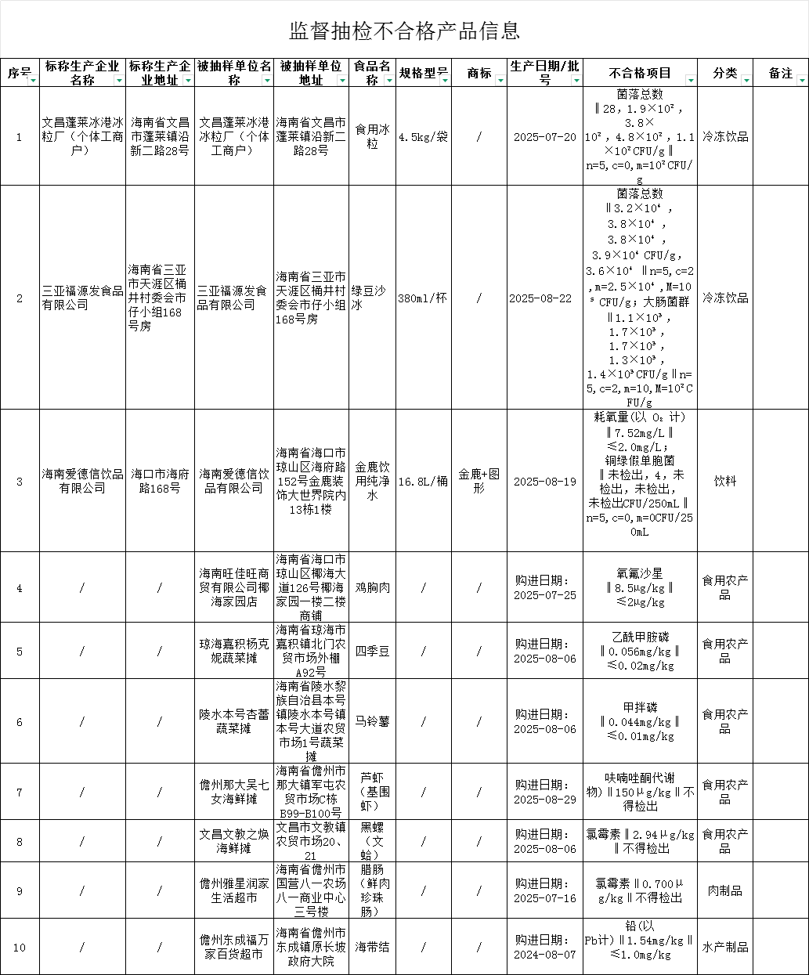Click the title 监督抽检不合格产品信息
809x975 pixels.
click(x=404, y=31)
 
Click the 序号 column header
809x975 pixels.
click(x=19, y=73)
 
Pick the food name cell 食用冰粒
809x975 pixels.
click(x=372, y=136)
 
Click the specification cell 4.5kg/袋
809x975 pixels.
click(x=423, y=136)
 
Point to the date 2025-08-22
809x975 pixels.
click(x=544, y=298)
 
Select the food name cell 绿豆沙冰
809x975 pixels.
click(x=372, y=298)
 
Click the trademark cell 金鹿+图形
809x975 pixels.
click(x=479, y=481)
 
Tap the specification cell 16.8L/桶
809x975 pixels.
click(x=423, y=481)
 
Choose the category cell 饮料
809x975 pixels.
click(x=724, y=481)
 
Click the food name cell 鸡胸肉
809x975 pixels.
click(x=372, y=587)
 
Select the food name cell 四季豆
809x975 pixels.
click(x=372, y=651)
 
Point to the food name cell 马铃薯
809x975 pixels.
click(x=372, y=721)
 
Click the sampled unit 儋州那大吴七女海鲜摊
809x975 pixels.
click(x=234, y=792)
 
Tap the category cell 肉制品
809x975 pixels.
click(x=724, y=890)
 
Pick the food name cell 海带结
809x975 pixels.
click(x=372, y=947)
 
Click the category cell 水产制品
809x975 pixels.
click(x=724, y=947)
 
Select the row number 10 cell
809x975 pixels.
click(x=19, y=947)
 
